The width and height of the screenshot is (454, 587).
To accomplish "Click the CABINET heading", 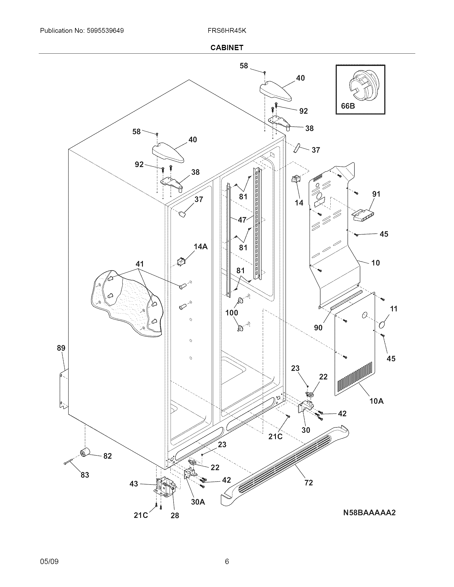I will coord(227,47).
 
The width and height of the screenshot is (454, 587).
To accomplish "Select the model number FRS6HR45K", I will coord(227,31).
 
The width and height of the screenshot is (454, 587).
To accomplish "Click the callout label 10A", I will coord(376,408).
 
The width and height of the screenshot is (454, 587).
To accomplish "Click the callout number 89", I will coord(61,348).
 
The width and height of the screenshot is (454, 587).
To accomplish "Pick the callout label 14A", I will coord(201,247).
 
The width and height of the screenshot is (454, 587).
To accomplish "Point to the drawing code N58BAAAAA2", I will coord(369,513).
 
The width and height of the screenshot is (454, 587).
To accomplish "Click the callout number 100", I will coord(232,313).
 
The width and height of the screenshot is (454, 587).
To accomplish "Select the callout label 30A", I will coord(198,502).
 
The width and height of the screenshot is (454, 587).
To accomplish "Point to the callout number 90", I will coord(318,327).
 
